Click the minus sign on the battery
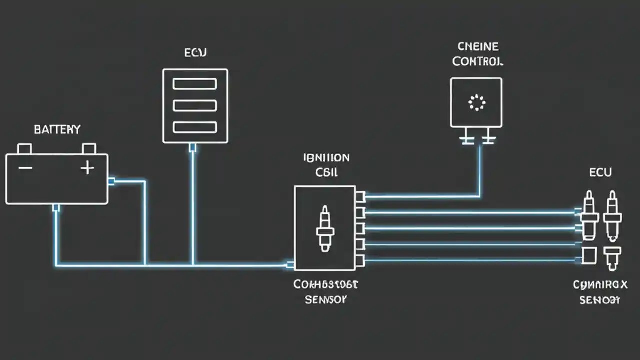25,168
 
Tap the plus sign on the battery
87,168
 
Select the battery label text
57,130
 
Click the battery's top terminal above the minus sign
24,148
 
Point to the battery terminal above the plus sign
89,148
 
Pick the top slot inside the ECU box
195,84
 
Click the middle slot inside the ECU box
195,105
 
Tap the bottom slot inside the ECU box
195,127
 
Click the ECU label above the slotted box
195,53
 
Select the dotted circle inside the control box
476,103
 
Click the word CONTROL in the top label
478,62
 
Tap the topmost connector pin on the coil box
360,197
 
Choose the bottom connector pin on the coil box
360,260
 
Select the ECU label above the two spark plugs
600,173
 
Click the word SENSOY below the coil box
326,300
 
